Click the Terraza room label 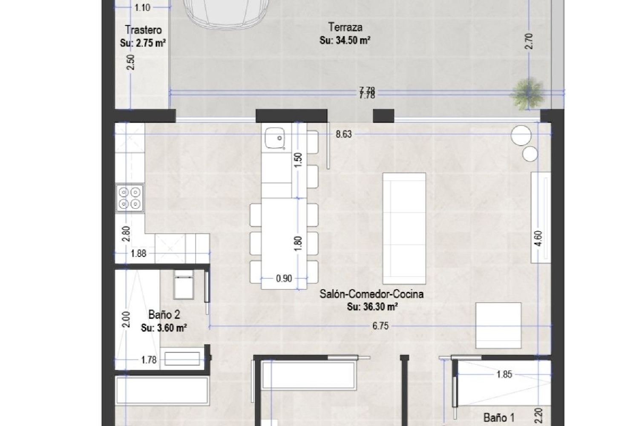pyautogui.click(x=345, y=27)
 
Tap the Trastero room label pyautogui.click(x=143, y=30)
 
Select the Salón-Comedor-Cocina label pyautogui.click(x=371, y=294)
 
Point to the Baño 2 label pyautogui.click(x=164, y=315)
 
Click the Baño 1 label pyautogui.click(x=499, y=417)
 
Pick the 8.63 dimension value pyautogui.click(x=343, y=134)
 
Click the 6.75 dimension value pyautogui.click(x=380, y=326)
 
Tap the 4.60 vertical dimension pyautogui.click(x=538, y=238)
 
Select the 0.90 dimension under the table pyautogui.click(x=284, y=279)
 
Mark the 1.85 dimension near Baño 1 pyautogui.click(x=504, y=374)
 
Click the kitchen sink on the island pyautogui.click(x=275, y=138)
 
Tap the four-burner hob pyautogui.click(x=130, y=198)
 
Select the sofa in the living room pyautogui.click(x=404, y=228)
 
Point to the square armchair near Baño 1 pyautogui.click(x=498, y=325)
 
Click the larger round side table pyautogui.click(x=521, y=135)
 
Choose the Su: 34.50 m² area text pyautogui.click(x=345, y=40)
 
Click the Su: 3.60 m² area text pyautogui.click(x=164, y=328)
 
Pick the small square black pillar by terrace pyautogui.click(x=383, y=115)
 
